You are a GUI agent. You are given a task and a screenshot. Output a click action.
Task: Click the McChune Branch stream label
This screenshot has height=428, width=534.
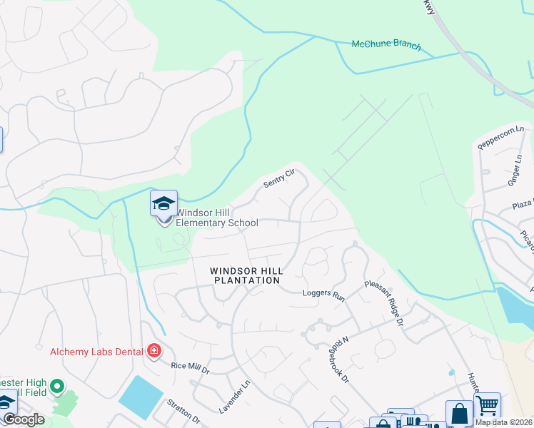pos(386,45)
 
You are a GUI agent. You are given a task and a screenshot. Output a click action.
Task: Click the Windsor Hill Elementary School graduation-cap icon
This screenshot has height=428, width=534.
pos(163,203)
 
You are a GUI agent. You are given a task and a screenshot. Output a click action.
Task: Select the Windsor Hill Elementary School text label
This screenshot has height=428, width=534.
pos(216,218)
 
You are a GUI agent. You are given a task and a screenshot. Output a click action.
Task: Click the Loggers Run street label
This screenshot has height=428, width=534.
pos(323,293)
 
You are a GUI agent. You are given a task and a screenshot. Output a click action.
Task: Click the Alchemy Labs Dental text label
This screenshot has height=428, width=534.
pos(95,351)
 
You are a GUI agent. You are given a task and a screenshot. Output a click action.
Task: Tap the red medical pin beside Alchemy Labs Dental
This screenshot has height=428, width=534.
pos(153,350)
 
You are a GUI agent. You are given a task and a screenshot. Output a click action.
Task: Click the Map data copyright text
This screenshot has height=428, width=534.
pos(504,422)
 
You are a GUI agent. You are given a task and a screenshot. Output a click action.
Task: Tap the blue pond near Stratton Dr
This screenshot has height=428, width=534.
pos(141,396)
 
